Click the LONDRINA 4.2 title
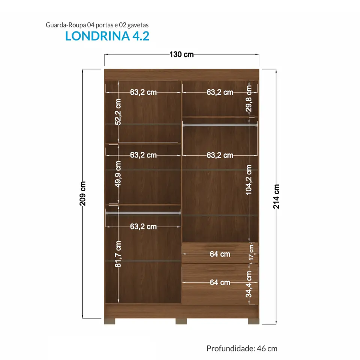(x=107, y=36)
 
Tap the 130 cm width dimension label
(x=181, y=54)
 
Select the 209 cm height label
(x=82, y=193)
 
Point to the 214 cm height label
(x=276, y=196)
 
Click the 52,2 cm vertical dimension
(x=118, y=112)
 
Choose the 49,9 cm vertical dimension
(x=118, y=174)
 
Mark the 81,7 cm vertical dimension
(x=118, y=254)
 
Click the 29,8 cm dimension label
(x=249, y=98)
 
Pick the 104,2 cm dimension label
(x=249, y=180)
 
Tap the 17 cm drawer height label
(x=251, y=252)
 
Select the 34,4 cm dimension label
(x=249, y=284)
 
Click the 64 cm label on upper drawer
(x=220, y=254)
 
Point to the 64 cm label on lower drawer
(x=220, y=282)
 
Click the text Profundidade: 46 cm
(x=242, y=348)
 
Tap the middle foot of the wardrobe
(x=181, y=321)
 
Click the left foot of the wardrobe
(x=109, y=321)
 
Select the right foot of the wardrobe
(x=254, y=321)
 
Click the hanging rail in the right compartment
(x=220, y=125)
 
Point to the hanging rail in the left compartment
(x=143, y=213)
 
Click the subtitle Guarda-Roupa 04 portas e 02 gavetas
(x=97, y=25)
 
